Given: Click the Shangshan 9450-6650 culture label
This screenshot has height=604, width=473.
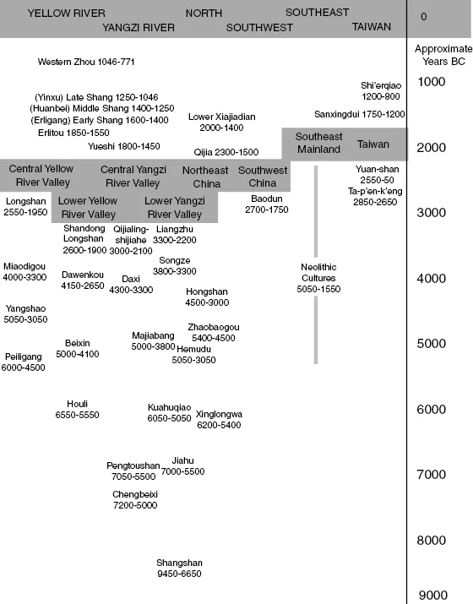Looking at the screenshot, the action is click(179, 568).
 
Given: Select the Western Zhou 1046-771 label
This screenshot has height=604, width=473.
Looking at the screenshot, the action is click(86, 62).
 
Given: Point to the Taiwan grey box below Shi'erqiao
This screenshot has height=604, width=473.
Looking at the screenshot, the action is click(372, 144).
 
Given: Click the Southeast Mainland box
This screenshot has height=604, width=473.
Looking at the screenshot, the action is click(318, 144).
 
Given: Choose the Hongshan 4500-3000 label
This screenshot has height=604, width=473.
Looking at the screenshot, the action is click(207, 297).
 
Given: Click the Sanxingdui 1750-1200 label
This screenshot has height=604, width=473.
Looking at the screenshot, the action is click(360, 113).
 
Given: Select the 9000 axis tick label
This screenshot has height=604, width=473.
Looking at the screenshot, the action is click(432, 595).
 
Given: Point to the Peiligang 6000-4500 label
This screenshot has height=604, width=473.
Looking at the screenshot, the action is click(24, 362).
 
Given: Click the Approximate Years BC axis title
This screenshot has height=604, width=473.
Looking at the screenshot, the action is click(442, 55).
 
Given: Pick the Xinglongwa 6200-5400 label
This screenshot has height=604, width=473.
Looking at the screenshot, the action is click(219, 420).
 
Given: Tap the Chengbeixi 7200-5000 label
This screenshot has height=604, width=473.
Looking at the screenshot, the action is click(135, 499).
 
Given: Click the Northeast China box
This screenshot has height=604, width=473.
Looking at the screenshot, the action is click(205, 177).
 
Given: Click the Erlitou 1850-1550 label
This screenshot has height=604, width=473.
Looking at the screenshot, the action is click(73, 133).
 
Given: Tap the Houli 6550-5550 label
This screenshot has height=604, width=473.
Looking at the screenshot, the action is click(78, 410).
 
